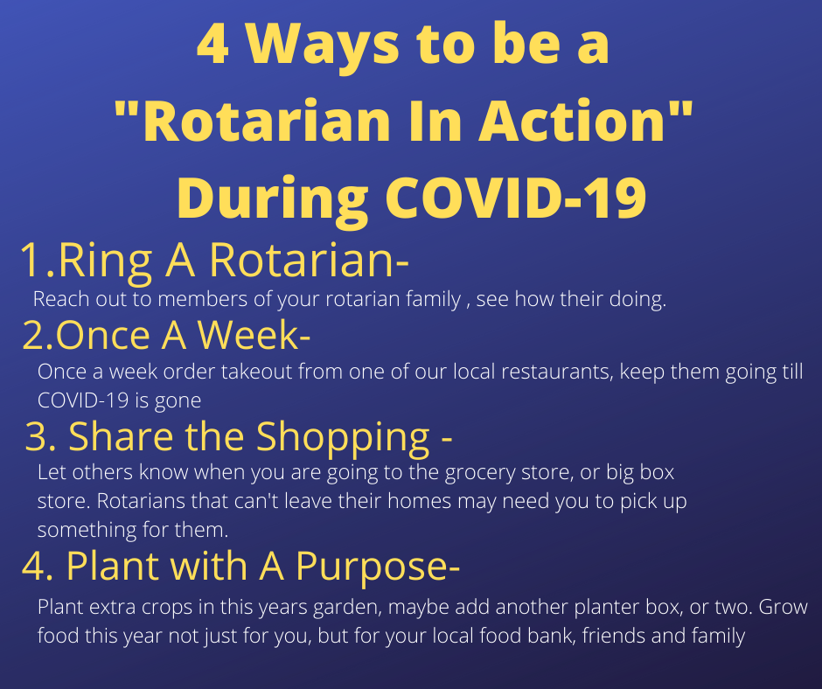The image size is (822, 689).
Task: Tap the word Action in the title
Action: pyautogui.click(x=572, y=122)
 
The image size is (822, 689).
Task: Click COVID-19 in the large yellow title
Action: pyautogui.click(x=516, y=198)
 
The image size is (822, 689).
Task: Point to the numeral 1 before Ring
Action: pyautogui.click(x=32, y=261)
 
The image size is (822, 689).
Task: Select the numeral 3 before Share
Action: pyautogui.click(x=36, y=437)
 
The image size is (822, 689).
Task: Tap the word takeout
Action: pyautogui.click(x=256, y=372)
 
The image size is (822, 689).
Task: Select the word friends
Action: pyautogui.click(x=614, y=636)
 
